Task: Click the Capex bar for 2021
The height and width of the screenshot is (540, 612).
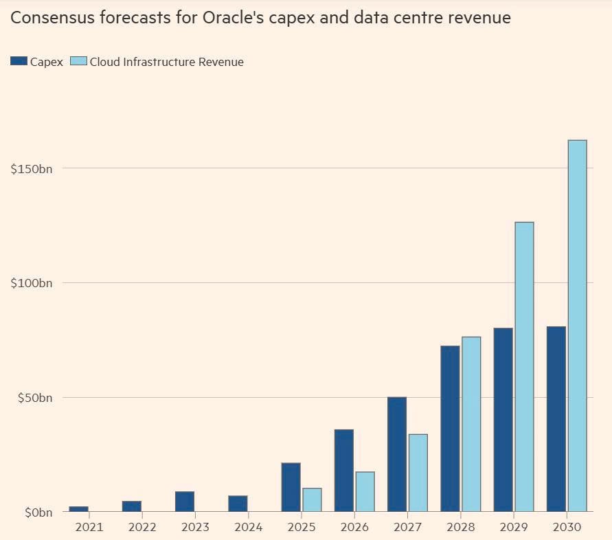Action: (78, 509)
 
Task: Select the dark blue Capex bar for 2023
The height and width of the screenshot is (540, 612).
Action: (185, 502)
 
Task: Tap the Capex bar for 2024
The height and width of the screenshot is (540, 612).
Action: (238, 504)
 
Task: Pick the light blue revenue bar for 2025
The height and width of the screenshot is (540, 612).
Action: (312, 499)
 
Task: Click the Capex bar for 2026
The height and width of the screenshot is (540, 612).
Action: (343, 471)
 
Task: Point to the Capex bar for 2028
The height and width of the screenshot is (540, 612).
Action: (450, 429)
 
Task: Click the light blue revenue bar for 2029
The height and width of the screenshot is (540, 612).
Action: (524, 367)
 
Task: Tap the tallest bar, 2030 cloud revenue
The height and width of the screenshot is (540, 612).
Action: (577, 326)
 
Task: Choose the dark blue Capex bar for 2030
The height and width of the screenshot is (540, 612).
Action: (556, 419)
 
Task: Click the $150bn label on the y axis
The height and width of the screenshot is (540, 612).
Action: (31, 169)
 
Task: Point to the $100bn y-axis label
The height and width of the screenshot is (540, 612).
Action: (31, 283)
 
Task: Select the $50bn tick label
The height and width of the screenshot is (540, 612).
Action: (34, 398)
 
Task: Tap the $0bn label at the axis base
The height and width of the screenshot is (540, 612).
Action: (36, 513)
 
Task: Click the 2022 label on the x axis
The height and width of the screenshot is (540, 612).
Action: (142, 527)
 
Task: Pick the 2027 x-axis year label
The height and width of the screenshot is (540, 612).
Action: (407, 527)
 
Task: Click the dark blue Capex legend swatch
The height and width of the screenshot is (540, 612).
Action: (19, 62)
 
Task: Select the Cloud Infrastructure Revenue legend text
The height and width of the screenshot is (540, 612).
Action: (167, 62)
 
